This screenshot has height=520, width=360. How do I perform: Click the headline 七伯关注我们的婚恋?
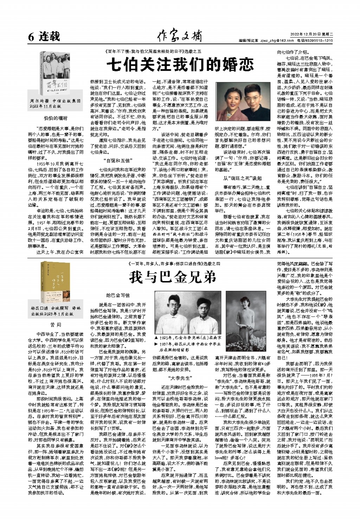pos(180,65)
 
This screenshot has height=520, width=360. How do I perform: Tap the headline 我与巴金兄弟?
pos(173,278)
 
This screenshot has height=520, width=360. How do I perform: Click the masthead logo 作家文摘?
pos(180,36)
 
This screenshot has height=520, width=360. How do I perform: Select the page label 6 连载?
pos(44,36)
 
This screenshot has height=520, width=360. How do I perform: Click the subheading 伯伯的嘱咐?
pos(56,118)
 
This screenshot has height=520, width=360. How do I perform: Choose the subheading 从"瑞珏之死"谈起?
pos(242,178)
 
